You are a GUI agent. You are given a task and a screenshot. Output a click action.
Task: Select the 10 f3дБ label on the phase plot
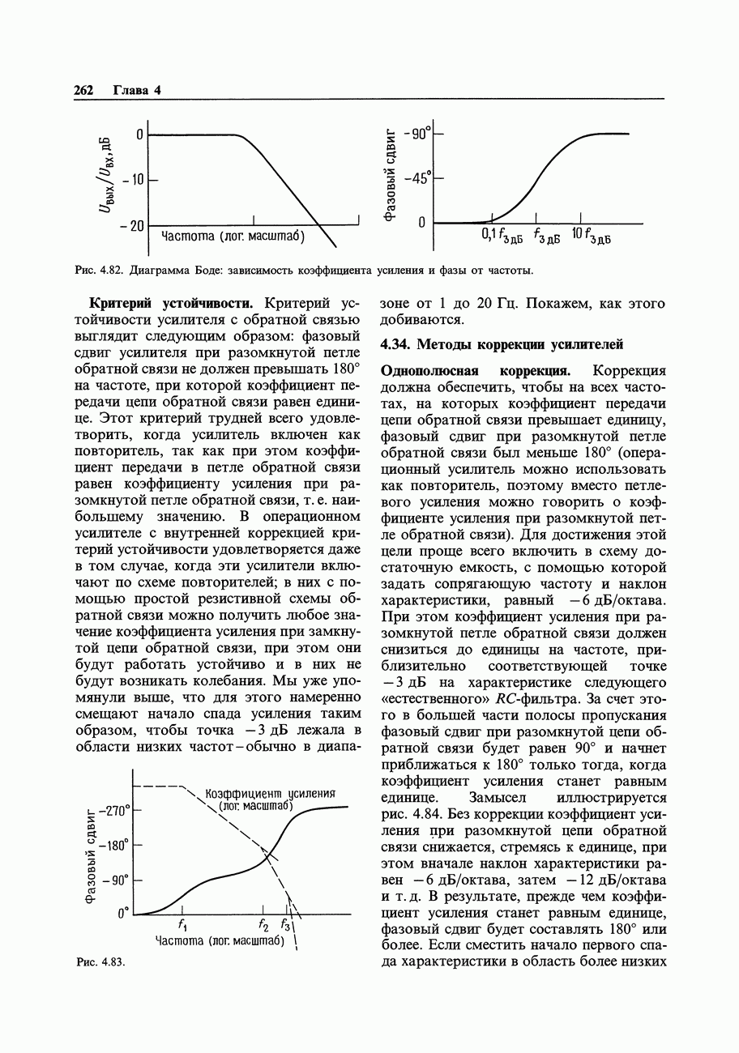point(591,236)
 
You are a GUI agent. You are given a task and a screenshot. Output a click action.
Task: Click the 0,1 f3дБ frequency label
point(502,236)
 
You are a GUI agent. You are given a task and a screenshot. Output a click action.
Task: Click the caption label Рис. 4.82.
point(98,270)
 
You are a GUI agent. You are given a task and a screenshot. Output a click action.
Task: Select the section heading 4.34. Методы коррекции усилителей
point(501,345)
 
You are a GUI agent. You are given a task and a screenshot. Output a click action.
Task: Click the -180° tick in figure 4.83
point(113,846)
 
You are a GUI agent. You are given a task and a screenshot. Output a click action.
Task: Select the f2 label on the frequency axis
point(263,926)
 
